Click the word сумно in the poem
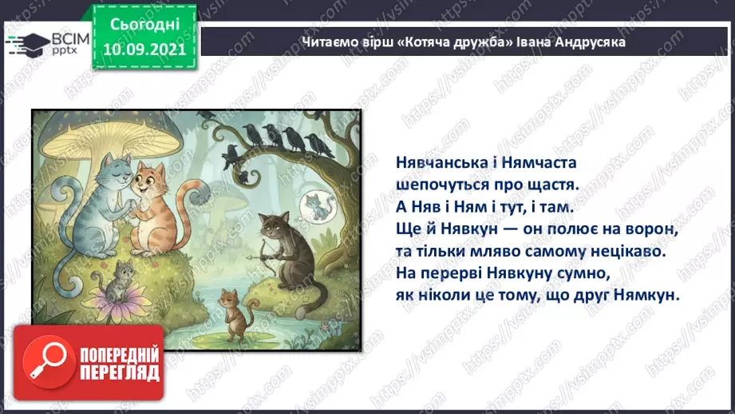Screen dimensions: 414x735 587,273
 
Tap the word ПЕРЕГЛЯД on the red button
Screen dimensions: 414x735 121,373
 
